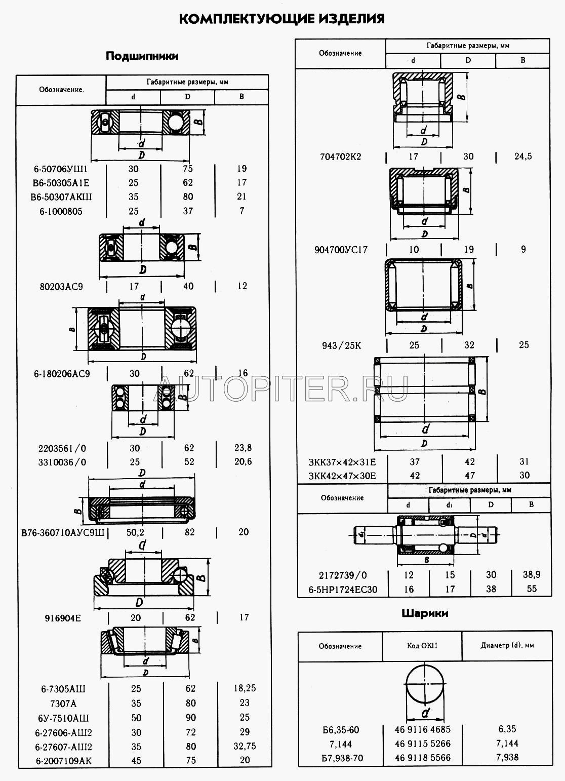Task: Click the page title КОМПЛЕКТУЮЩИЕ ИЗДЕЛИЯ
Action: [x=282, y=19]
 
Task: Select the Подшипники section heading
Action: [x=142, y=56]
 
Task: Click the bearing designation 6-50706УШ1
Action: [x=61, y=169]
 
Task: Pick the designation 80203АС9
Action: [x=61, y=287]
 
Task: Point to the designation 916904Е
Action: [x=63, y=618]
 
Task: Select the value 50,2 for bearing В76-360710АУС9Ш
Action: [x=135, y=532]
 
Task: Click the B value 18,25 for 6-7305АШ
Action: [x=245, y=688]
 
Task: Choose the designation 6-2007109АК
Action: [x=64, y=760]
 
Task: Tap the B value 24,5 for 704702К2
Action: [x=523, y=156]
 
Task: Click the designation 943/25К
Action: [x=342, y=345]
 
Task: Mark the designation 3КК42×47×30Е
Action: [x=342, y=476]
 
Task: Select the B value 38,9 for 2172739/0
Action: [x=532, y=574]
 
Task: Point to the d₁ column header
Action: [x=449, y=505]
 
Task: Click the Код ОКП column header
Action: [x=422, y=646]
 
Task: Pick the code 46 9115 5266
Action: [x=422, y=744]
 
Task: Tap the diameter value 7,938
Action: [x=507, y=757]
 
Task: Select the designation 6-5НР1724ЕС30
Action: [x=343, y=590]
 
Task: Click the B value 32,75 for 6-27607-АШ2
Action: [x=245, y=746]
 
